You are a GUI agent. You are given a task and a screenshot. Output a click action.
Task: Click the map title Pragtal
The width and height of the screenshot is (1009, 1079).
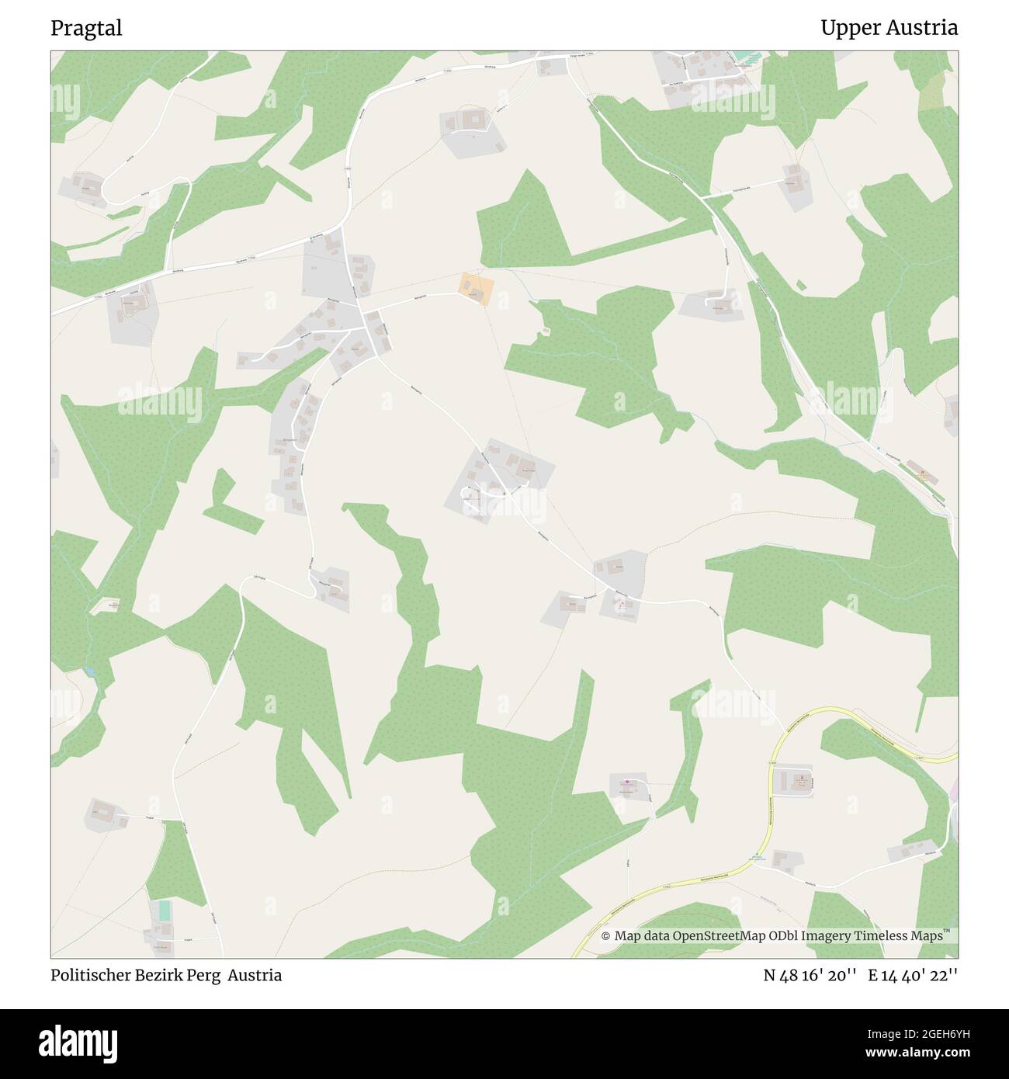point(86,29)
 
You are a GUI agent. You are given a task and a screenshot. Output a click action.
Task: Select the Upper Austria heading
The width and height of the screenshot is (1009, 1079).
point(889,29)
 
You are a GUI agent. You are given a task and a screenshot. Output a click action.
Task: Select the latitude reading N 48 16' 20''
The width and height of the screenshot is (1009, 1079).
point(810,975)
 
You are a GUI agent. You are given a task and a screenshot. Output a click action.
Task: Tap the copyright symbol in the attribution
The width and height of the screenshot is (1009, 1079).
point(606,936)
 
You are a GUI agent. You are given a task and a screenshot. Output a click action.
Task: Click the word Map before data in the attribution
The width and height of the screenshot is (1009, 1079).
point(628,936)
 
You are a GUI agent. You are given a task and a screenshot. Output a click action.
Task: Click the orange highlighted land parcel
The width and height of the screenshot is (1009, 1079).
point(476,289)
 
